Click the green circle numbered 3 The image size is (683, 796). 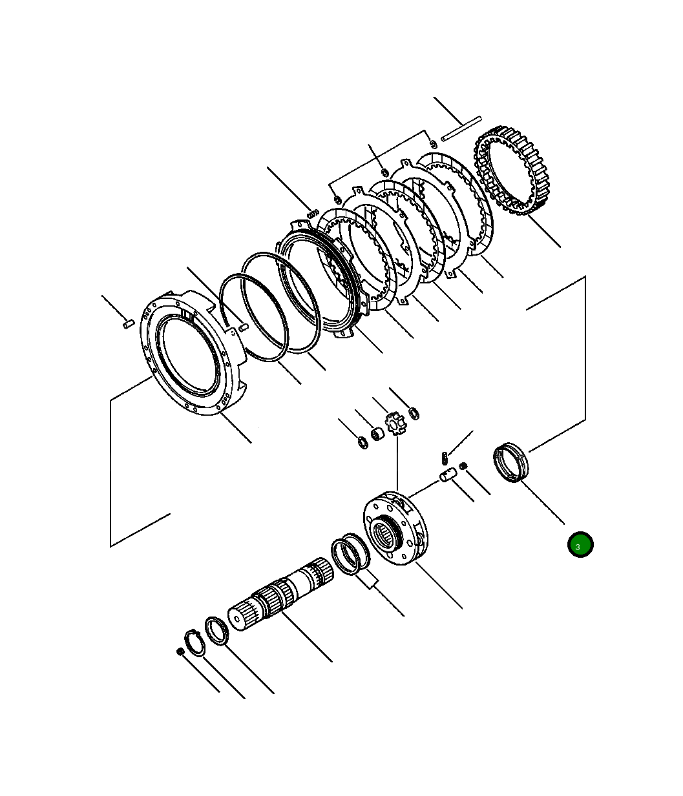(580, 544)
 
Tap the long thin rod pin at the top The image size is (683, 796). (461, 128)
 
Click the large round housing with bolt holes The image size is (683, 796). (193, 352)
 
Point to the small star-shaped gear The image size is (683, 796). (397, 424)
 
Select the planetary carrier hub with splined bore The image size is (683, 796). (396, 528)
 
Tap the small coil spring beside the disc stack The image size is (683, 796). (313, 212)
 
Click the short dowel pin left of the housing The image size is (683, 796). (129, 324)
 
